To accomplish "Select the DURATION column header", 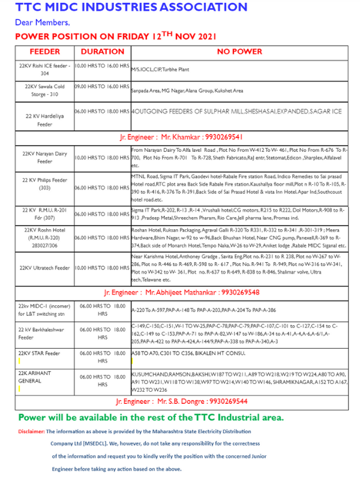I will [102, 52].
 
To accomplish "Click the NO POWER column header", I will [239, 52].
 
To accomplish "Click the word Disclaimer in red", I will [31, 431].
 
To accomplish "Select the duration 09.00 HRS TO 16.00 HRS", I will [102, 87].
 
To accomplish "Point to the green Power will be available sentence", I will [151, 417].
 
